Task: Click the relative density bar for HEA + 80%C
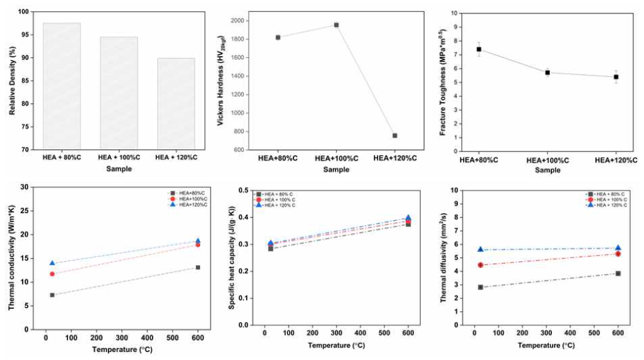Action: coord(61,86)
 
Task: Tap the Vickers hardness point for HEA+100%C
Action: coord(336,25)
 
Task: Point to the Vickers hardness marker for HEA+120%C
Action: coord(395,135)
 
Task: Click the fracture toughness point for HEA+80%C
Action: coord(479,49)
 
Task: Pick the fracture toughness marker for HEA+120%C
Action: coord(616,77)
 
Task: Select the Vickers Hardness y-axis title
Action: coord(221,81)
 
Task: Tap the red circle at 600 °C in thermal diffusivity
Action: coord(618,253)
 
